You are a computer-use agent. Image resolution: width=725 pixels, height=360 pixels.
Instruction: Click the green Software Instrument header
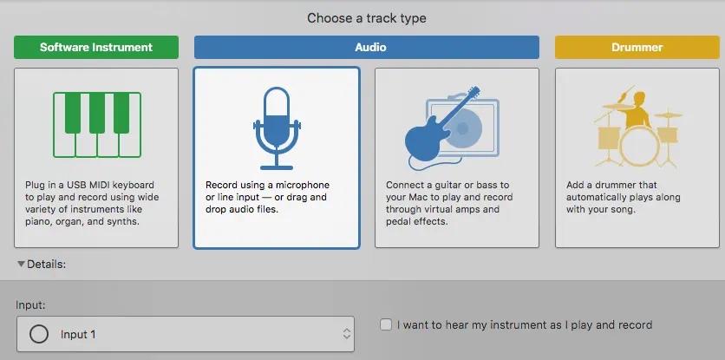[x=96, y=47]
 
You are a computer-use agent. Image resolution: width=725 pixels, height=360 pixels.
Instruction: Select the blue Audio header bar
[x=367, y=47]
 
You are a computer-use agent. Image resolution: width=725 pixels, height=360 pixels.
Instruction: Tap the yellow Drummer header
[x=637, y=47]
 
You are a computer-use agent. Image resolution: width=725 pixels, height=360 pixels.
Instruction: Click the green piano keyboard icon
[x=97, y=125]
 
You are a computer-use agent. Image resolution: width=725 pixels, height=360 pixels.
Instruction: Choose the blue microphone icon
[x=277, y=128]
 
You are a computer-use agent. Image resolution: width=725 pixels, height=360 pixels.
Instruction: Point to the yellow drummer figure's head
[x=639, y=99]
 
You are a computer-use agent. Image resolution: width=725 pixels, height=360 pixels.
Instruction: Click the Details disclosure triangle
[x=21, y=265]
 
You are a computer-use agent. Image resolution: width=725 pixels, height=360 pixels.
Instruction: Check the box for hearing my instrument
[x=386, y=324]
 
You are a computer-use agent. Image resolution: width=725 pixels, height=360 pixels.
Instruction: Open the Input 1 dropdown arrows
[x=347, y=334]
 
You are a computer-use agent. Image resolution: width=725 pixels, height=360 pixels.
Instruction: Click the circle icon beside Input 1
[x=39, y=334]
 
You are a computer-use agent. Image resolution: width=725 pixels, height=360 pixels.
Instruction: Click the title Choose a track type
[x=367, y=18]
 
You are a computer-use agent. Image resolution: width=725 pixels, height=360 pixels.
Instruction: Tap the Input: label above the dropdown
[x=31, y=305]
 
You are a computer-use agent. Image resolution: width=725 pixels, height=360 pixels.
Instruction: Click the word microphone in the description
[x=303, y=185]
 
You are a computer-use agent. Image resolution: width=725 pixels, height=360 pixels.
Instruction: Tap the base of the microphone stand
[x=277, y=167]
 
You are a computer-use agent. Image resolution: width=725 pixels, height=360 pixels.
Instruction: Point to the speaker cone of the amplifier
[x=462, y=127]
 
